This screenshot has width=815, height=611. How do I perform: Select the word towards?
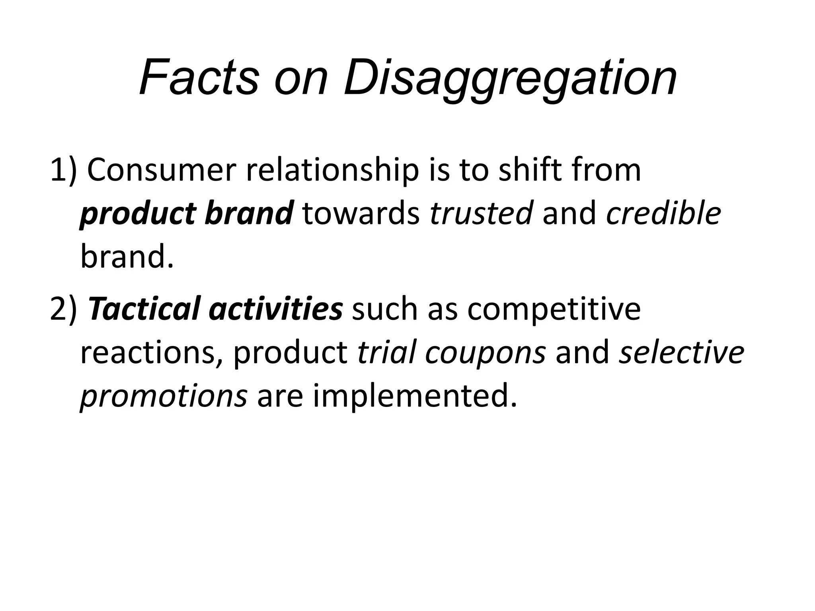tap(361, 213)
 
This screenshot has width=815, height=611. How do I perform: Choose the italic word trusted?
tap(481, 213)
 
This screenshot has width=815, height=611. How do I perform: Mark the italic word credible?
tap(663, 213)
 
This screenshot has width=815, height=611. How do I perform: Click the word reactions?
tap(151, 353)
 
